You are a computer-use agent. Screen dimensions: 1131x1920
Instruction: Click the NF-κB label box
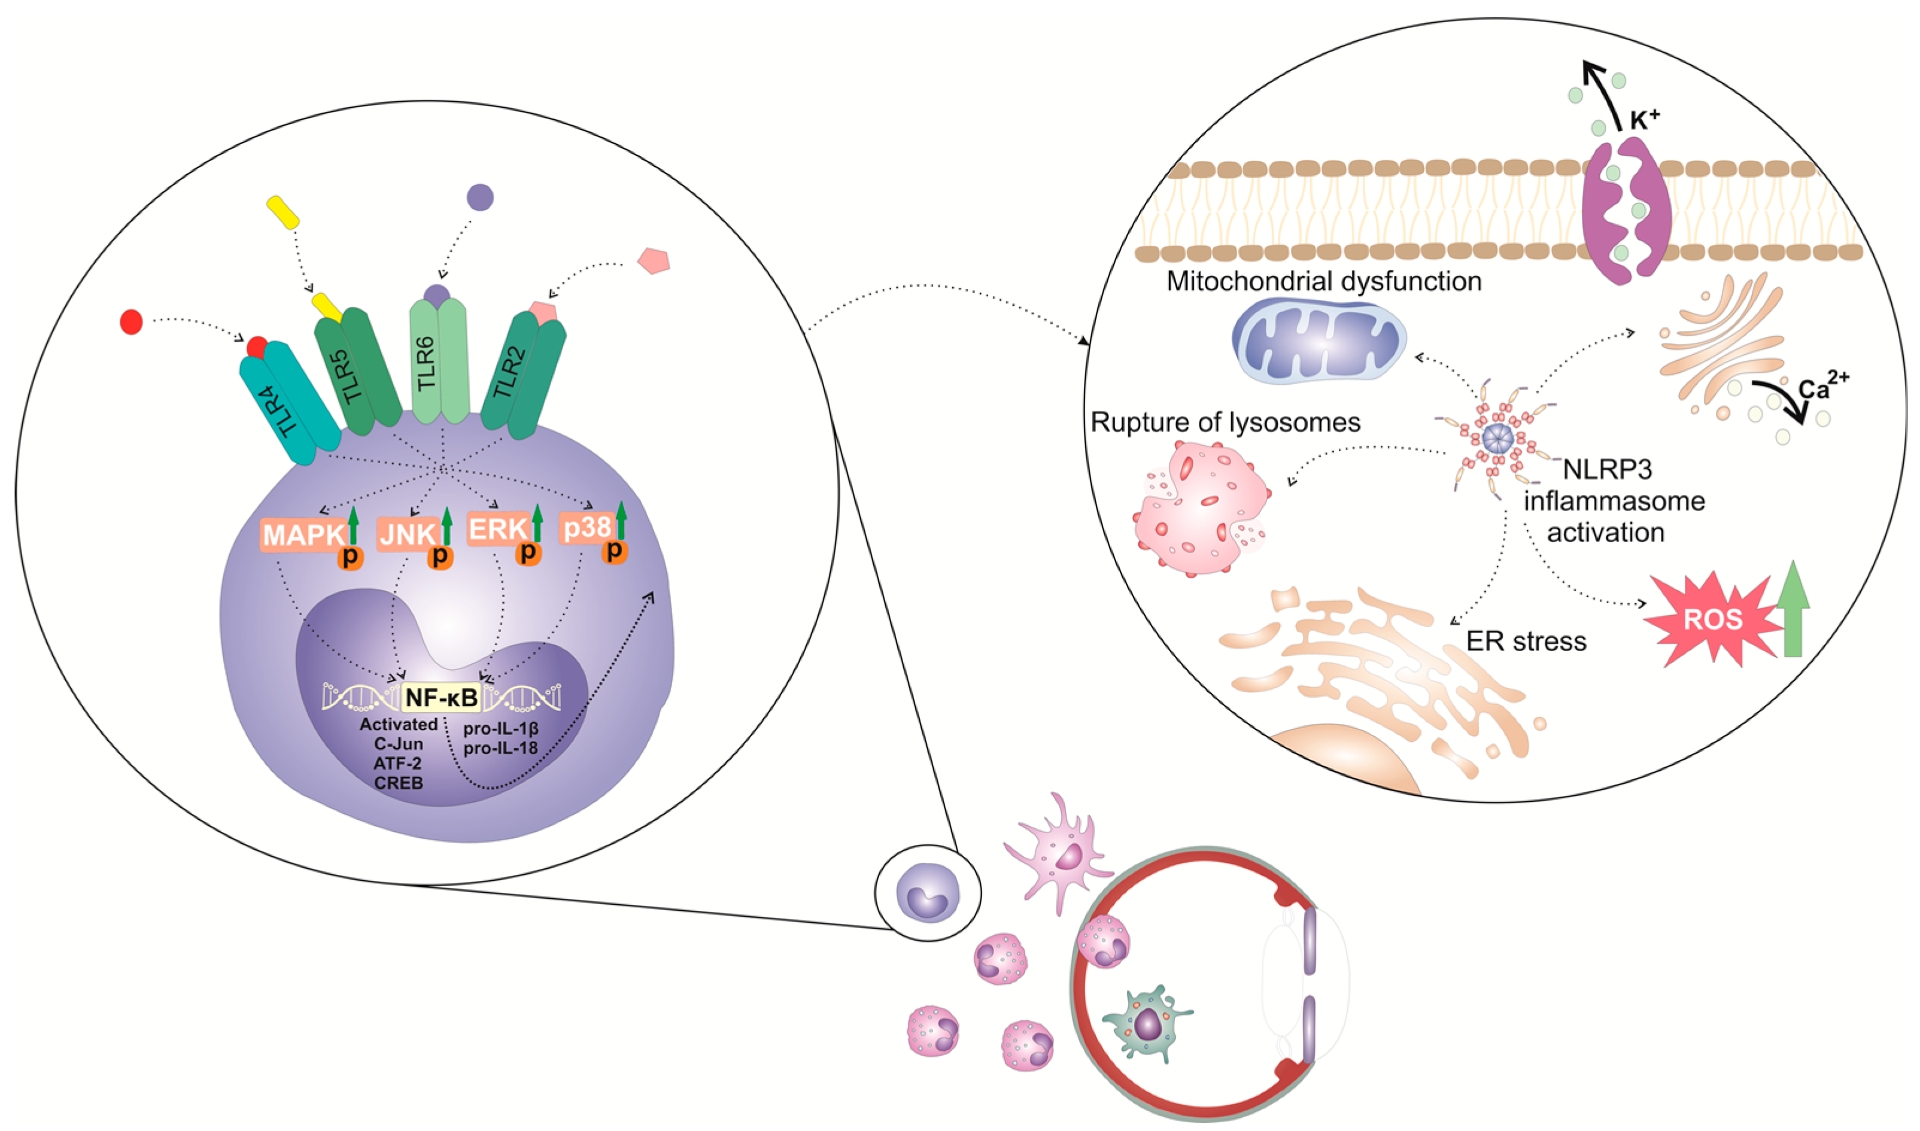click(441, 697)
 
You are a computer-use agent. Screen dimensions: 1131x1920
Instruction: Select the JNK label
click(408, 534)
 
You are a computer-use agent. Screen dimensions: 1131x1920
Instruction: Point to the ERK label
click(498, 528)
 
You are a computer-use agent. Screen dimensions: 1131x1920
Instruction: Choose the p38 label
click(585, 527)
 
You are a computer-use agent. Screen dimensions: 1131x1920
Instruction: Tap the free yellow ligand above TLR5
click(282, 212)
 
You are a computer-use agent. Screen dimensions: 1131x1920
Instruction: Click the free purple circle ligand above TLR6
click(479, 197)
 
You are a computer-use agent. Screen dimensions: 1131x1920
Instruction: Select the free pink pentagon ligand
click(653, 261)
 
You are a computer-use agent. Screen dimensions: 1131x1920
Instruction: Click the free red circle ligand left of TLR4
click(131, 321)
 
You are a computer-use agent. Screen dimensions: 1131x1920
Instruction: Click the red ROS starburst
click(1712, 619)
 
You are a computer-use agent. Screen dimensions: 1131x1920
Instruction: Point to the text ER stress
click(1526, 641)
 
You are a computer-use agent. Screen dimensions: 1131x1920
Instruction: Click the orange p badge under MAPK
click(351, 557)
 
